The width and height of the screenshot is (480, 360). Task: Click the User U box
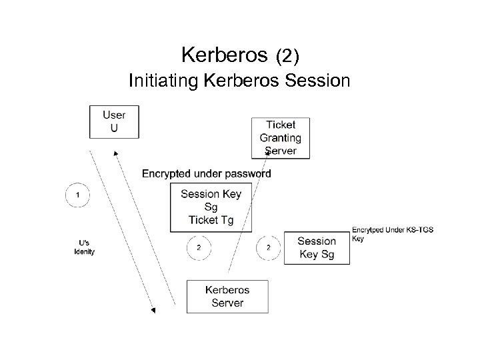(x=114, y=121)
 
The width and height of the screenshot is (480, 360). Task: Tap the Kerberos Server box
(x=227, y=297)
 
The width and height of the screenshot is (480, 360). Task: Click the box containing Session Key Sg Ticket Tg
(x=211, y=207)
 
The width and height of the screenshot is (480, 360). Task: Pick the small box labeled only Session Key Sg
(x=317, y=248)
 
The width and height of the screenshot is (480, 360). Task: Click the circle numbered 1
(x=78, y=195)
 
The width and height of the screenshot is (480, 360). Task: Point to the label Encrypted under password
(x=206, y=174)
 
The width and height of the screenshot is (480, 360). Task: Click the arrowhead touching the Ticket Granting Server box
(x=267, y=153)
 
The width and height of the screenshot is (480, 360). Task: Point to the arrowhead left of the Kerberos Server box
(x=153, y=309)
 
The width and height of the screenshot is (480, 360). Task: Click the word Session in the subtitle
(x=317, y=81)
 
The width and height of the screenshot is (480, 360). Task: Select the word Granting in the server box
(x=280, y=138)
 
